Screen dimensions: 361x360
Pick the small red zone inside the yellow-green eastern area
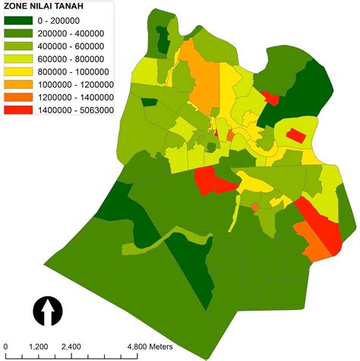pos(295,135)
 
